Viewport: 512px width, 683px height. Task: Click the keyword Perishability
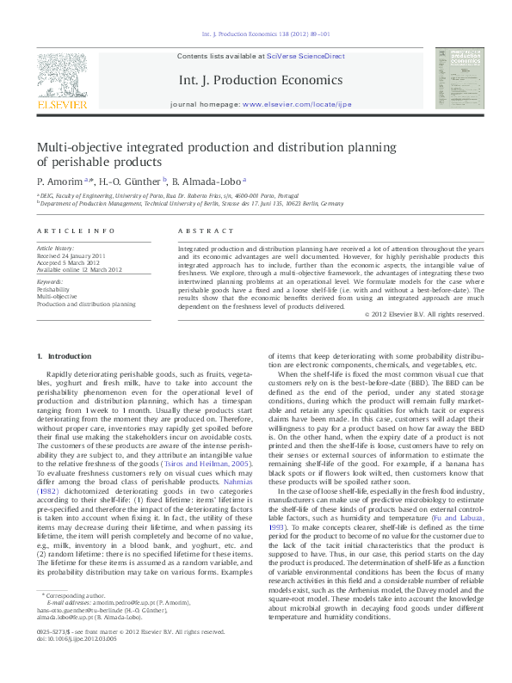[53, 290]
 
